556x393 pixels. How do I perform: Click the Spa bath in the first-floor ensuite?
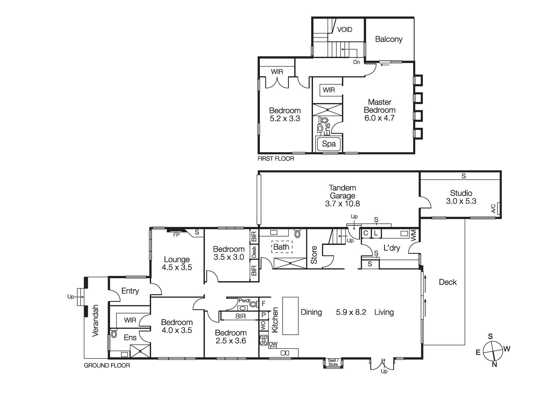[x=329, y=144]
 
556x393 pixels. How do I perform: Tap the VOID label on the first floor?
[x=344, y=29]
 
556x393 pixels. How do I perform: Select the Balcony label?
[x=388, y=39]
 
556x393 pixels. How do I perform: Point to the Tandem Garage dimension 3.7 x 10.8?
[x=342, y=204]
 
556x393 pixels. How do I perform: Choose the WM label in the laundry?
[x=413, y=236]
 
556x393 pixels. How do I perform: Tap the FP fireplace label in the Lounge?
[x=176, y=235]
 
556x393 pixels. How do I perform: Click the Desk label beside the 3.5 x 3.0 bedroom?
[x=254, y=252]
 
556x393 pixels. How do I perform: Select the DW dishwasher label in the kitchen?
[x=273, y=344]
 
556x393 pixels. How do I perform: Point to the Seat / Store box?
[x=333, y=362]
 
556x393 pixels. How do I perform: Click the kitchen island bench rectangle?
[x=290, y=316]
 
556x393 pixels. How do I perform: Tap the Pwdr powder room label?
[x=244, y=300]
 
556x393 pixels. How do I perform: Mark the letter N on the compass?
[x=494, y=364]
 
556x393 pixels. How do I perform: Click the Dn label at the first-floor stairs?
[x=356, y=62]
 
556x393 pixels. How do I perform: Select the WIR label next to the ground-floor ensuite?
[x=130, y=320]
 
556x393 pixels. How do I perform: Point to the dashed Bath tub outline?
[x=281, y=247]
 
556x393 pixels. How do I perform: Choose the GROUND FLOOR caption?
[x=107, y=365]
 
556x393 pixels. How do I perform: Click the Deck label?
[x=448, y=282]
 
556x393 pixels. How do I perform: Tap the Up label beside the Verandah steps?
[x=70, y=297]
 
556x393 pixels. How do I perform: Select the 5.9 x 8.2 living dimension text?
[x=351, y=312]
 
